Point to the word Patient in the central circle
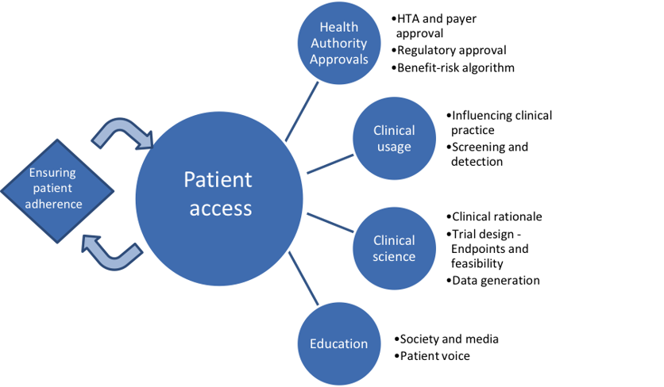(x=218, y=180)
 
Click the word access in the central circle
(x=218, y=209)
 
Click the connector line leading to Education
(x=303, y=278)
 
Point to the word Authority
(x=338, y=43)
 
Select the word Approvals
(x=338, y=59)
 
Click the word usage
(x=394, y=147)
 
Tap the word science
(x=394, y=256)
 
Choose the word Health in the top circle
(x=338, y=27)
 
